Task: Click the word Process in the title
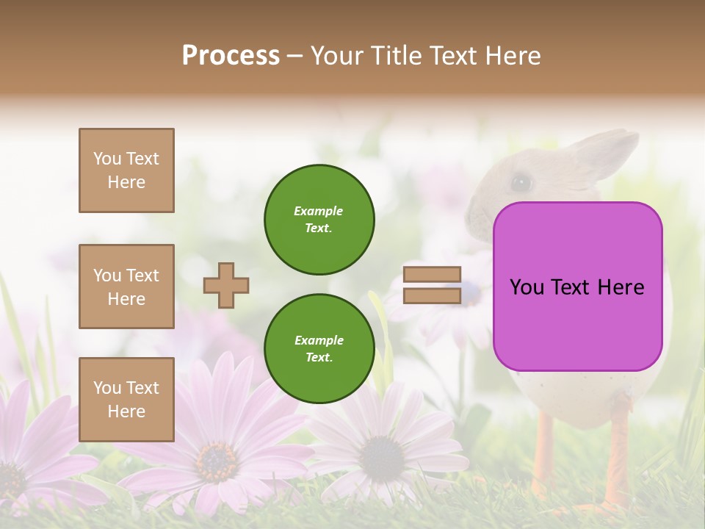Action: click(x=231, y=56)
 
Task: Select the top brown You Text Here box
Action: click(x=126, y=170)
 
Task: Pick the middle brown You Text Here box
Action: click(x=126, y=287)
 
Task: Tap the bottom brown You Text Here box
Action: click(x=126, y=400)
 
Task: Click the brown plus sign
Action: click(x=226, y=285)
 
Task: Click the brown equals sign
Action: click(x=432, y=285)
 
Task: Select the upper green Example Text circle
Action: click(x=319, y=219)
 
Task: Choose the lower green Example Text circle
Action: click(x=319, y=348)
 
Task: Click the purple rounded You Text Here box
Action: click(x=577, y=287)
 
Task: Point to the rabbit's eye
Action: click(x=521, y=181)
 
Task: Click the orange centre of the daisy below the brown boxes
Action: click(x=216, y=459)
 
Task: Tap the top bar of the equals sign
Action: click(x=432, y=275)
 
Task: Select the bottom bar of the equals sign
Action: click(x=432, y=295)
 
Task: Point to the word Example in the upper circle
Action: click(x=319, y=211)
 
